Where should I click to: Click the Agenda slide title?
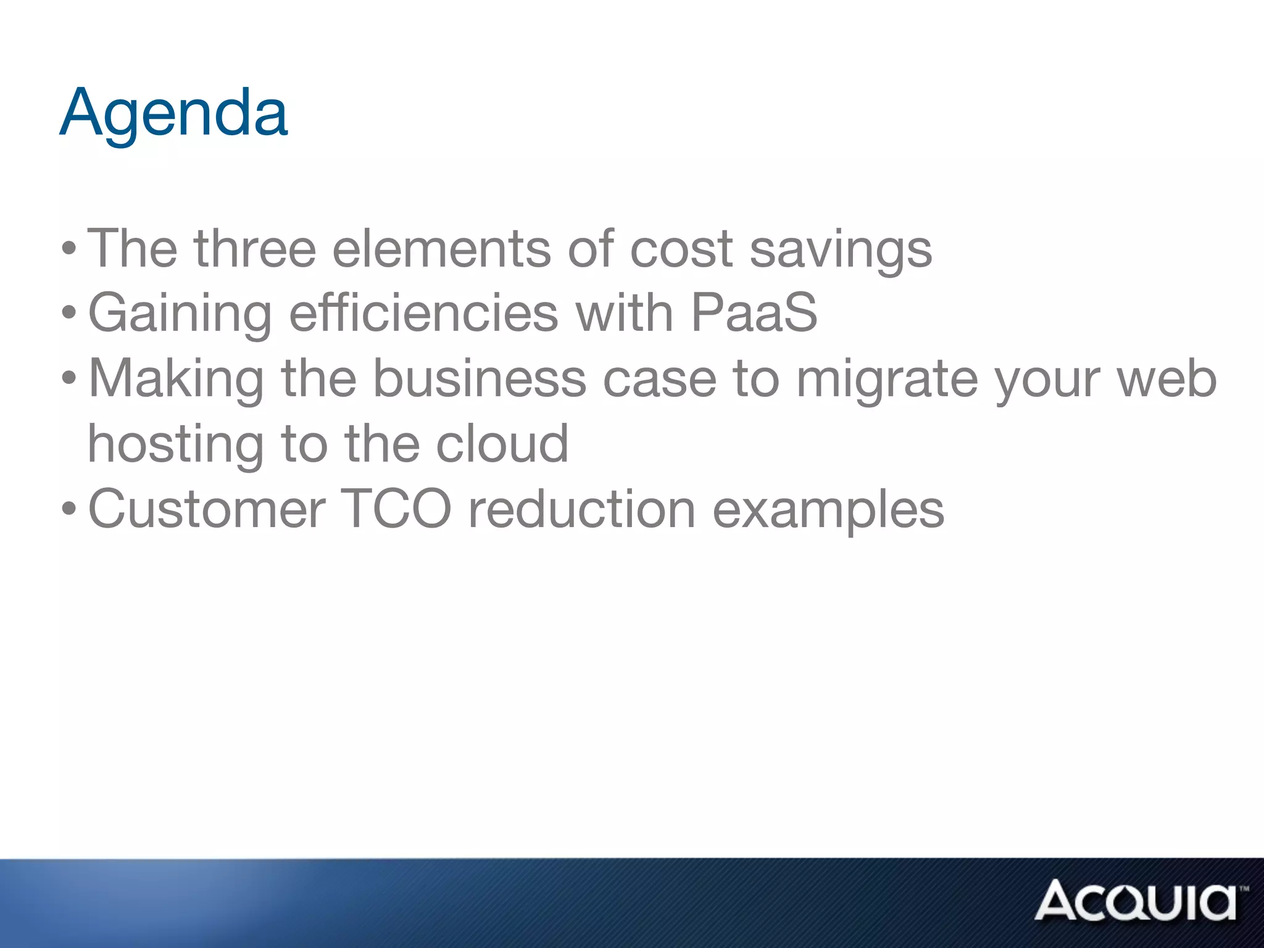[173, 114]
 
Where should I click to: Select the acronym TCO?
[396, 509]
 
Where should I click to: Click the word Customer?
[207, 509]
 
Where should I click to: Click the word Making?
[177, 379]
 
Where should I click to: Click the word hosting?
[176, 444]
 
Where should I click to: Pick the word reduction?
[582, 509]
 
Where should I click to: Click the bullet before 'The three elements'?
[69, 250]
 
